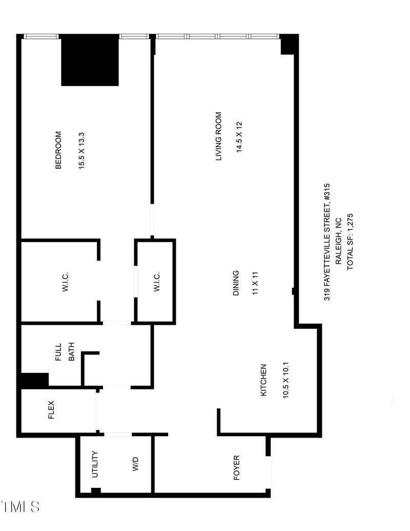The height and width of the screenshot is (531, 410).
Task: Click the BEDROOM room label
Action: pos(58,150)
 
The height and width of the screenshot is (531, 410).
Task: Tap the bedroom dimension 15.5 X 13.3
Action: pos(81,151)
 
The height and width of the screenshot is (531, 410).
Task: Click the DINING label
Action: pos(236,284)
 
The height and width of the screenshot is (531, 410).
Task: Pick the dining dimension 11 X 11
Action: pos(254,284)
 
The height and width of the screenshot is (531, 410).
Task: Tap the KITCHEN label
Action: pos(264,380)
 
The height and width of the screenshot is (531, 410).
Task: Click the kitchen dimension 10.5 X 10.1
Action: pos(285,380)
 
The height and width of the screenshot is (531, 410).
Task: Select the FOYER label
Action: pos(236,468)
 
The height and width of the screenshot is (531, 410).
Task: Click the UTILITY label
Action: pos(95,465)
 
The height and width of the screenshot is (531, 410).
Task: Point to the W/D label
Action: pos(135,465)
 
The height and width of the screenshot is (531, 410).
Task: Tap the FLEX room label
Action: pos(51,410)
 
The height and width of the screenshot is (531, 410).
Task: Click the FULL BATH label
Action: pos(65,352)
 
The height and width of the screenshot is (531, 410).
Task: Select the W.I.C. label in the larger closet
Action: pos(66,282)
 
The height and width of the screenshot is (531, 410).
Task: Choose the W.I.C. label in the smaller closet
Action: pos(157,282)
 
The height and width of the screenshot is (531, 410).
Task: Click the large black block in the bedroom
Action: pos(90,60)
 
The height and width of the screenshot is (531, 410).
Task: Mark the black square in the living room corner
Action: pos(289,44)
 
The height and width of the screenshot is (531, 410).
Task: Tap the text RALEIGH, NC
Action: pos(338,242)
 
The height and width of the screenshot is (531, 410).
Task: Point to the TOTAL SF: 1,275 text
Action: pos(351,242)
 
